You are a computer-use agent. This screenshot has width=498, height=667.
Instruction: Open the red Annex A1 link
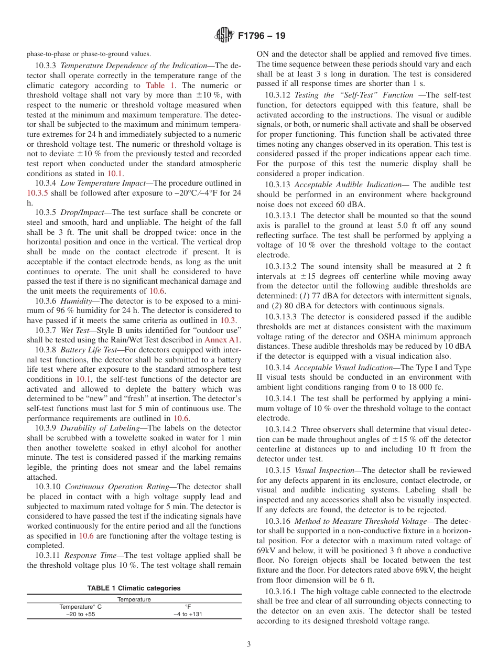pyautogui.click(x=223, y=340)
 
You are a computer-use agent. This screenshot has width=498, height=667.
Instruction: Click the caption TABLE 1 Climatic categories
pyautogui.click(x=134, y=588)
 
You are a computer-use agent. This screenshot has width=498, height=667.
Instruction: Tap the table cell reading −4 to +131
pyautogui.click(x=188, y=614)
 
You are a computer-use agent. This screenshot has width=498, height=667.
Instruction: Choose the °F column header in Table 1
pyautogui.click(x=188, y=606)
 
